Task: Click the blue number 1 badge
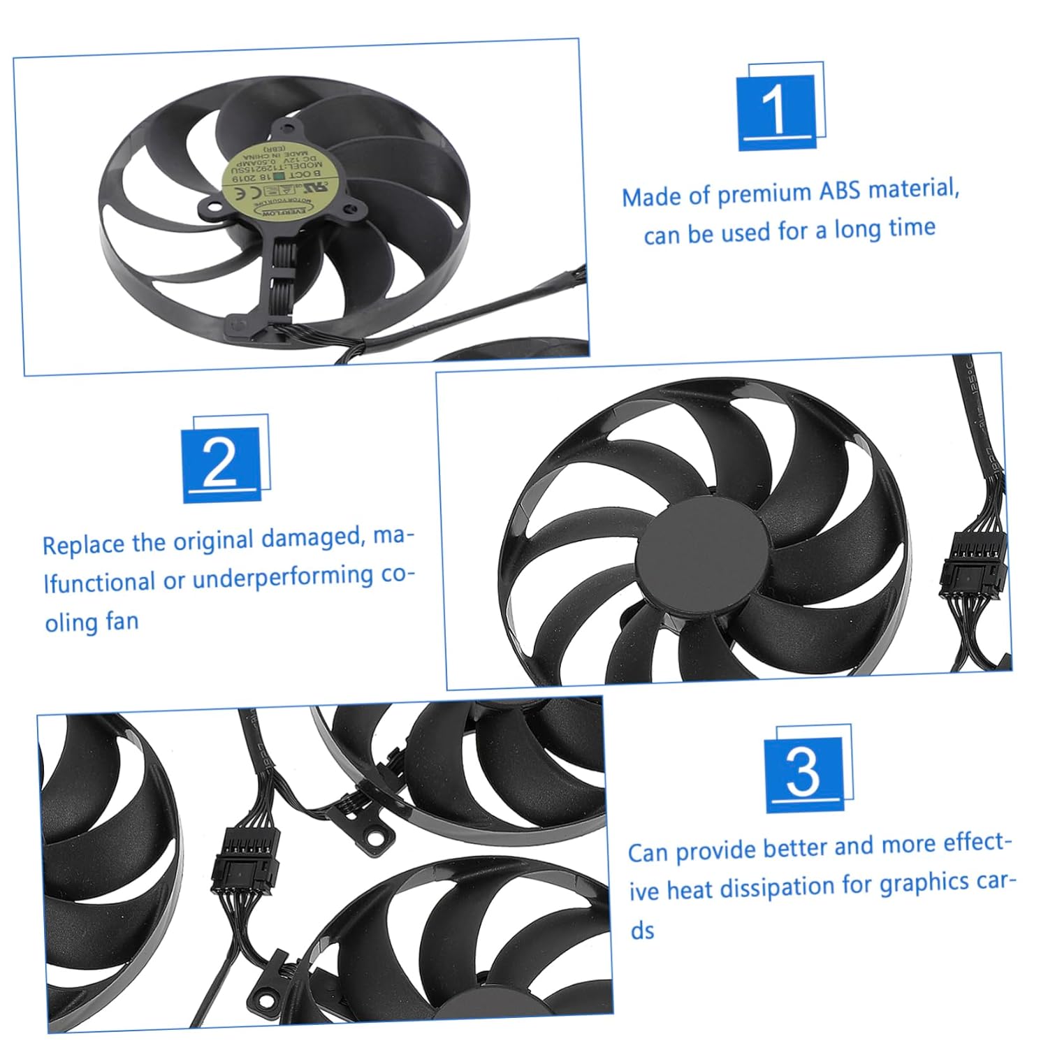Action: [776, 112]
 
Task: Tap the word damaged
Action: [312, 539]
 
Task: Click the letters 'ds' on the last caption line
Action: [642, 931]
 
